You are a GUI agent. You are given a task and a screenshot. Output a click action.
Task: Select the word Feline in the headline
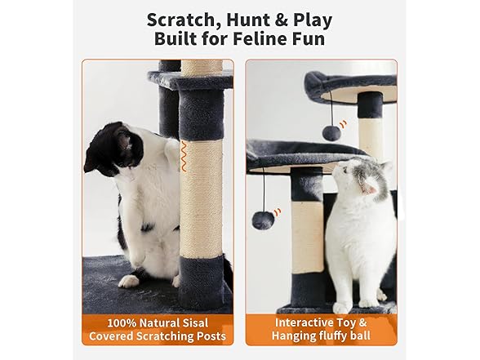261,39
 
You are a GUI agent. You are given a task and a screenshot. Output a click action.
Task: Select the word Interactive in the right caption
299,322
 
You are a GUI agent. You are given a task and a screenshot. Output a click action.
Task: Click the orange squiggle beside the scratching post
184,154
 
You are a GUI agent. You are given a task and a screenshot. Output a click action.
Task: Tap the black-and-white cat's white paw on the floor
129,280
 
